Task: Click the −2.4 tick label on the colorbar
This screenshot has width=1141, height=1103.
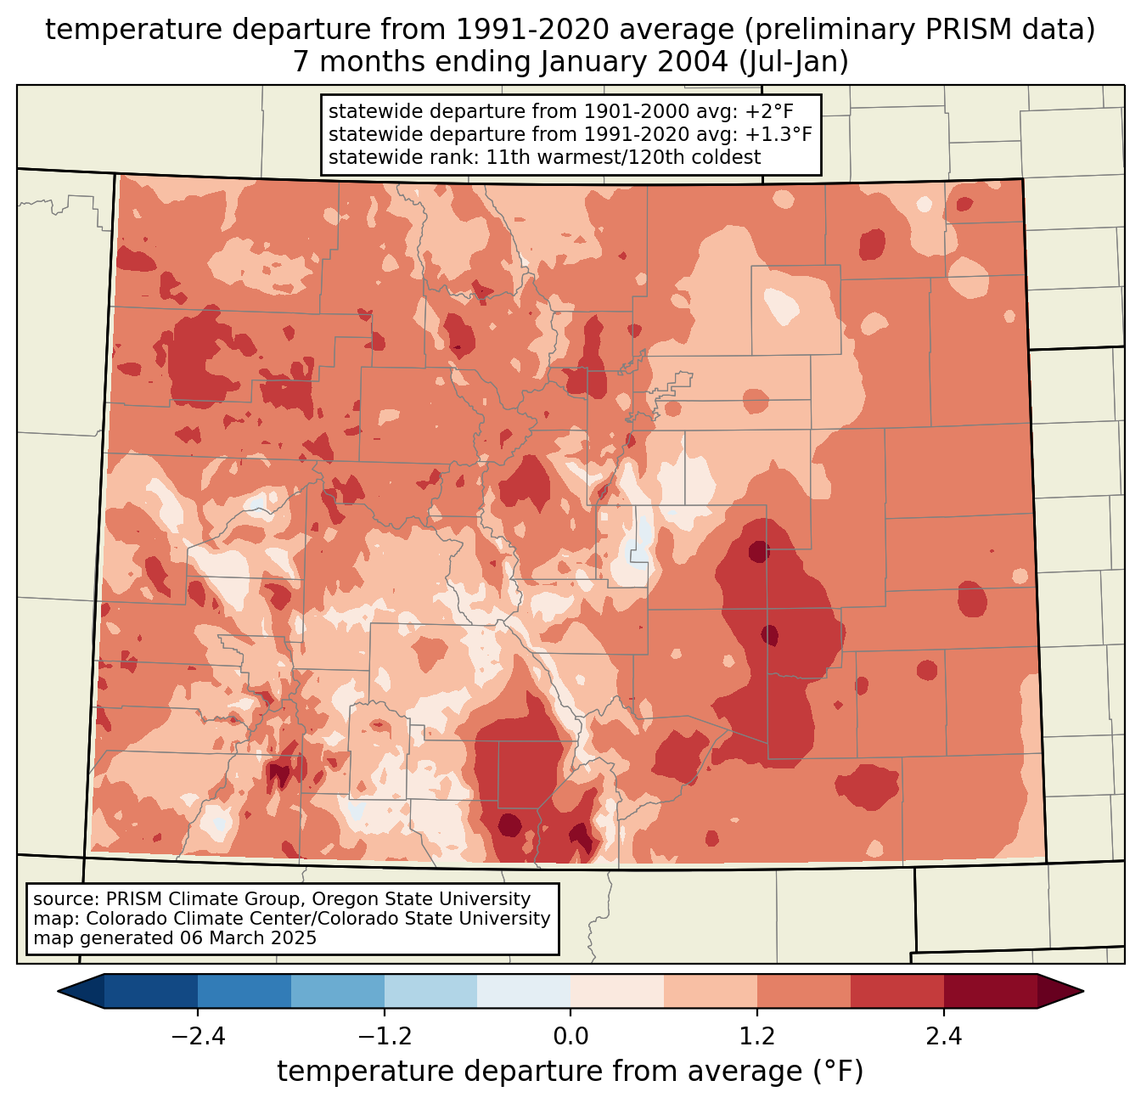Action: pyautogui.click(x=197, y=1037)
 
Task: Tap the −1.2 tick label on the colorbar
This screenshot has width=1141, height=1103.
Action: pyautogui.click(x=384, y=1037)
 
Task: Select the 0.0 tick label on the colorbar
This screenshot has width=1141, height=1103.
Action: pyautogui.click(x=570, y=1037)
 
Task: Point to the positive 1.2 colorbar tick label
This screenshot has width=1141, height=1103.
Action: pyautogui.click(x=757, y=1037)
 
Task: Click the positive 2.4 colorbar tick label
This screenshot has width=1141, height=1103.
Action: pyautogui.click(x=944, y=1037)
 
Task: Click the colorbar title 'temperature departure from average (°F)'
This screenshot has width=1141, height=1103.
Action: pyautogui.click(x=570, y=1072)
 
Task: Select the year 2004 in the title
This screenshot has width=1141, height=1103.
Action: pyautogui.click(x=694, y=62)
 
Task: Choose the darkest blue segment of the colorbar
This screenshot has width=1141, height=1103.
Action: pyautogui.click(x=151, y=991)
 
